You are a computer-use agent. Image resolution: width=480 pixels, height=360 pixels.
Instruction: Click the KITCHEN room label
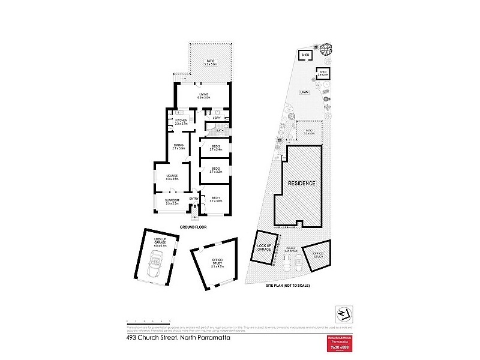tap(181, 121)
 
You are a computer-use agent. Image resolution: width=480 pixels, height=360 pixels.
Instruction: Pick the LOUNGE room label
tap(173, 176)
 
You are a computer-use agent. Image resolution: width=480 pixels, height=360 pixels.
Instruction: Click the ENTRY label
tap(194, 199)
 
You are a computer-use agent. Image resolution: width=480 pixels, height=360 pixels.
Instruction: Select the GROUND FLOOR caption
tap(193, 227)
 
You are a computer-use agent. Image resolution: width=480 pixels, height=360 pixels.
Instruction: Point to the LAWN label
tap(305, 92)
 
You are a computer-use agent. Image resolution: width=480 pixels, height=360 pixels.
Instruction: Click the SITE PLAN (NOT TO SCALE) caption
tap(289, 286)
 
